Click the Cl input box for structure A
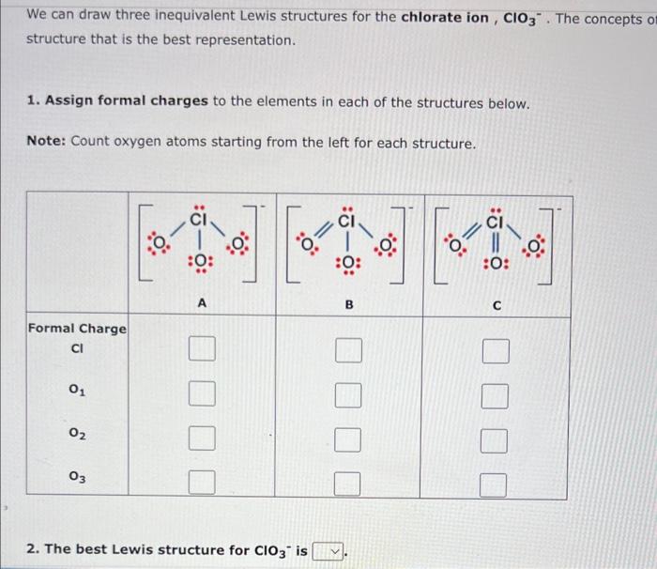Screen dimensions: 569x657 [201, 352]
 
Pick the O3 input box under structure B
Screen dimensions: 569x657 [348, 484]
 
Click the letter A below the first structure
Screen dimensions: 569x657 [201, 303]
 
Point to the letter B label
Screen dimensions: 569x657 [348, 303]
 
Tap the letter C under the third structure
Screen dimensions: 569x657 [497, 304]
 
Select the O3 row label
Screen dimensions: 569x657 [79, 477]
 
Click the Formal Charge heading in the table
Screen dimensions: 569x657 [77, 329]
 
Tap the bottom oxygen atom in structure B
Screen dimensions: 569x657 [348, 263]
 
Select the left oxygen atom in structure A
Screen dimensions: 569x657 [159, 246]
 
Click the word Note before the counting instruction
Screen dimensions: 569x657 [43, 142]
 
